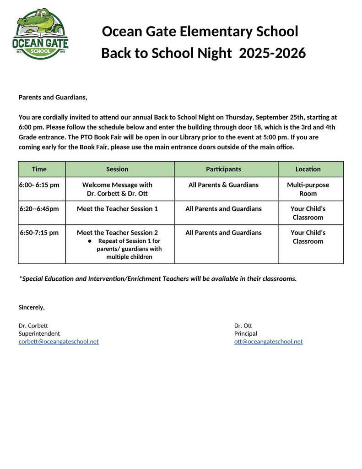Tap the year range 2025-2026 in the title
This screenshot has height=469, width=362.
(272, 53)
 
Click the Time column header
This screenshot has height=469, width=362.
(39, 169)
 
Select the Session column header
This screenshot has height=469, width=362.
(117, 169)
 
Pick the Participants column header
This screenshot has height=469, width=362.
(223, 169)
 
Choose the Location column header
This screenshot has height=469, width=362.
(308, 169)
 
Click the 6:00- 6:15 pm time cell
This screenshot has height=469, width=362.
(39, 185)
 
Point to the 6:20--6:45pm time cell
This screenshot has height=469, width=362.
(39, 209)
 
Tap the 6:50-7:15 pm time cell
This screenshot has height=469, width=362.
(39, 233)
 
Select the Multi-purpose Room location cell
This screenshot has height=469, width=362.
(308, 189)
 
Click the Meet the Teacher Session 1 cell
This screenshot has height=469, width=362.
(117, 209)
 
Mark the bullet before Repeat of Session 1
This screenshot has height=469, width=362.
(90, 241)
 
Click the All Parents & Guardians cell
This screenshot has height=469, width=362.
(223, 185)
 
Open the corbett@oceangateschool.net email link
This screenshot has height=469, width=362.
(59, 342)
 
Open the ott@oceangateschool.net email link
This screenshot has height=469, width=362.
(268, 342)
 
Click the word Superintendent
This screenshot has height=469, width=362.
(39, 333)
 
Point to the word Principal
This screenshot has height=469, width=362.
(246, 333)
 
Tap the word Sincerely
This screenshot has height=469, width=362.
(32, 307)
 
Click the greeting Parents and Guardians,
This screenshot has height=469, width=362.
(53, 97)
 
